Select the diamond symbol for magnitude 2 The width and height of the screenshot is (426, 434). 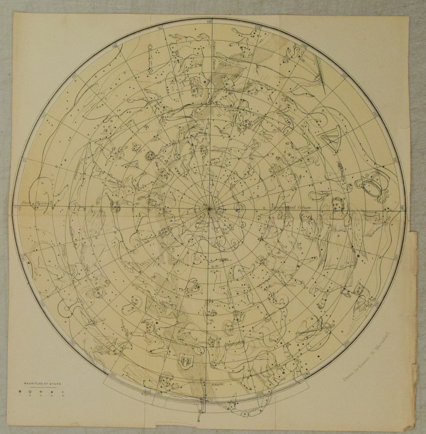tap(30, 392)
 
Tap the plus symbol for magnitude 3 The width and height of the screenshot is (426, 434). tap(41, 392)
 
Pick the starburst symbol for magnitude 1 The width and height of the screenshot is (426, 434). tap(20, 392)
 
